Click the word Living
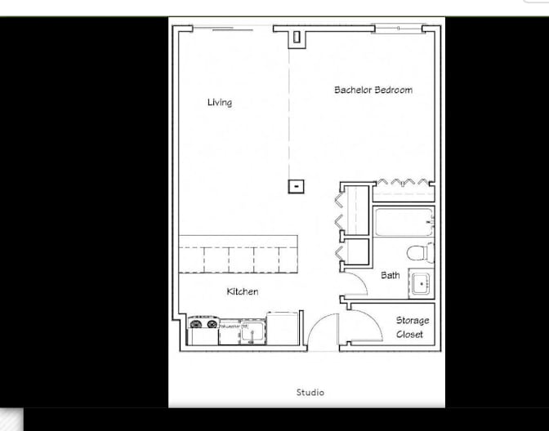click(219, 102)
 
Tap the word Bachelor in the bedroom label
click(352, 90)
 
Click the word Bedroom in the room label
click(393, 90)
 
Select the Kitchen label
click(242, 291)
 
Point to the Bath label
click(391, 275)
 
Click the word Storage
click(413, 320)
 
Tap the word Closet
click(410, 334)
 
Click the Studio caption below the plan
click(310, 393)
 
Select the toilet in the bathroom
click(421, 251)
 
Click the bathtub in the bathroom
click(404, 220)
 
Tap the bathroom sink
click(422, 284)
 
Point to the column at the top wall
click(297, 37)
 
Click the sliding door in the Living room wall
click(221, 29)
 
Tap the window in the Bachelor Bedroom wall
click(399, 29)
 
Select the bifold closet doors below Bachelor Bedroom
click(402, 182)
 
